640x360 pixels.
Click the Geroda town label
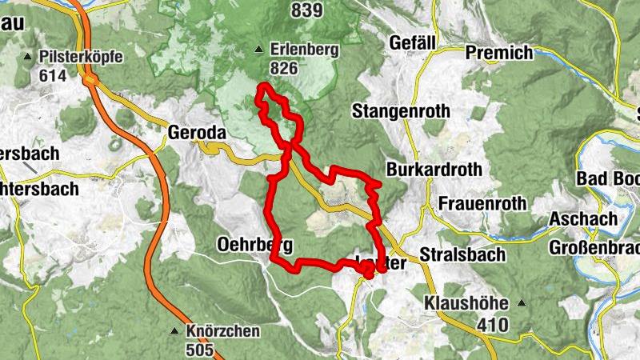click(198, 132)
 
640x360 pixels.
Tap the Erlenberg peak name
click(304, 50)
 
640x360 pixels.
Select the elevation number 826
click(284, 69)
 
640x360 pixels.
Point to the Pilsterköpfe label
click(78, 58)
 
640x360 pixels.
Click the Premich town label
click(499, 53)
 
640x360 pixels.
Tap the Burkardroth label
click(434, 170)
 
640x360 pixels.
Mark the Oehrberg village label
click(254, 245)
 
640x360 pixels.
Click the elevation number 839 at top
click(307, 10)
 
